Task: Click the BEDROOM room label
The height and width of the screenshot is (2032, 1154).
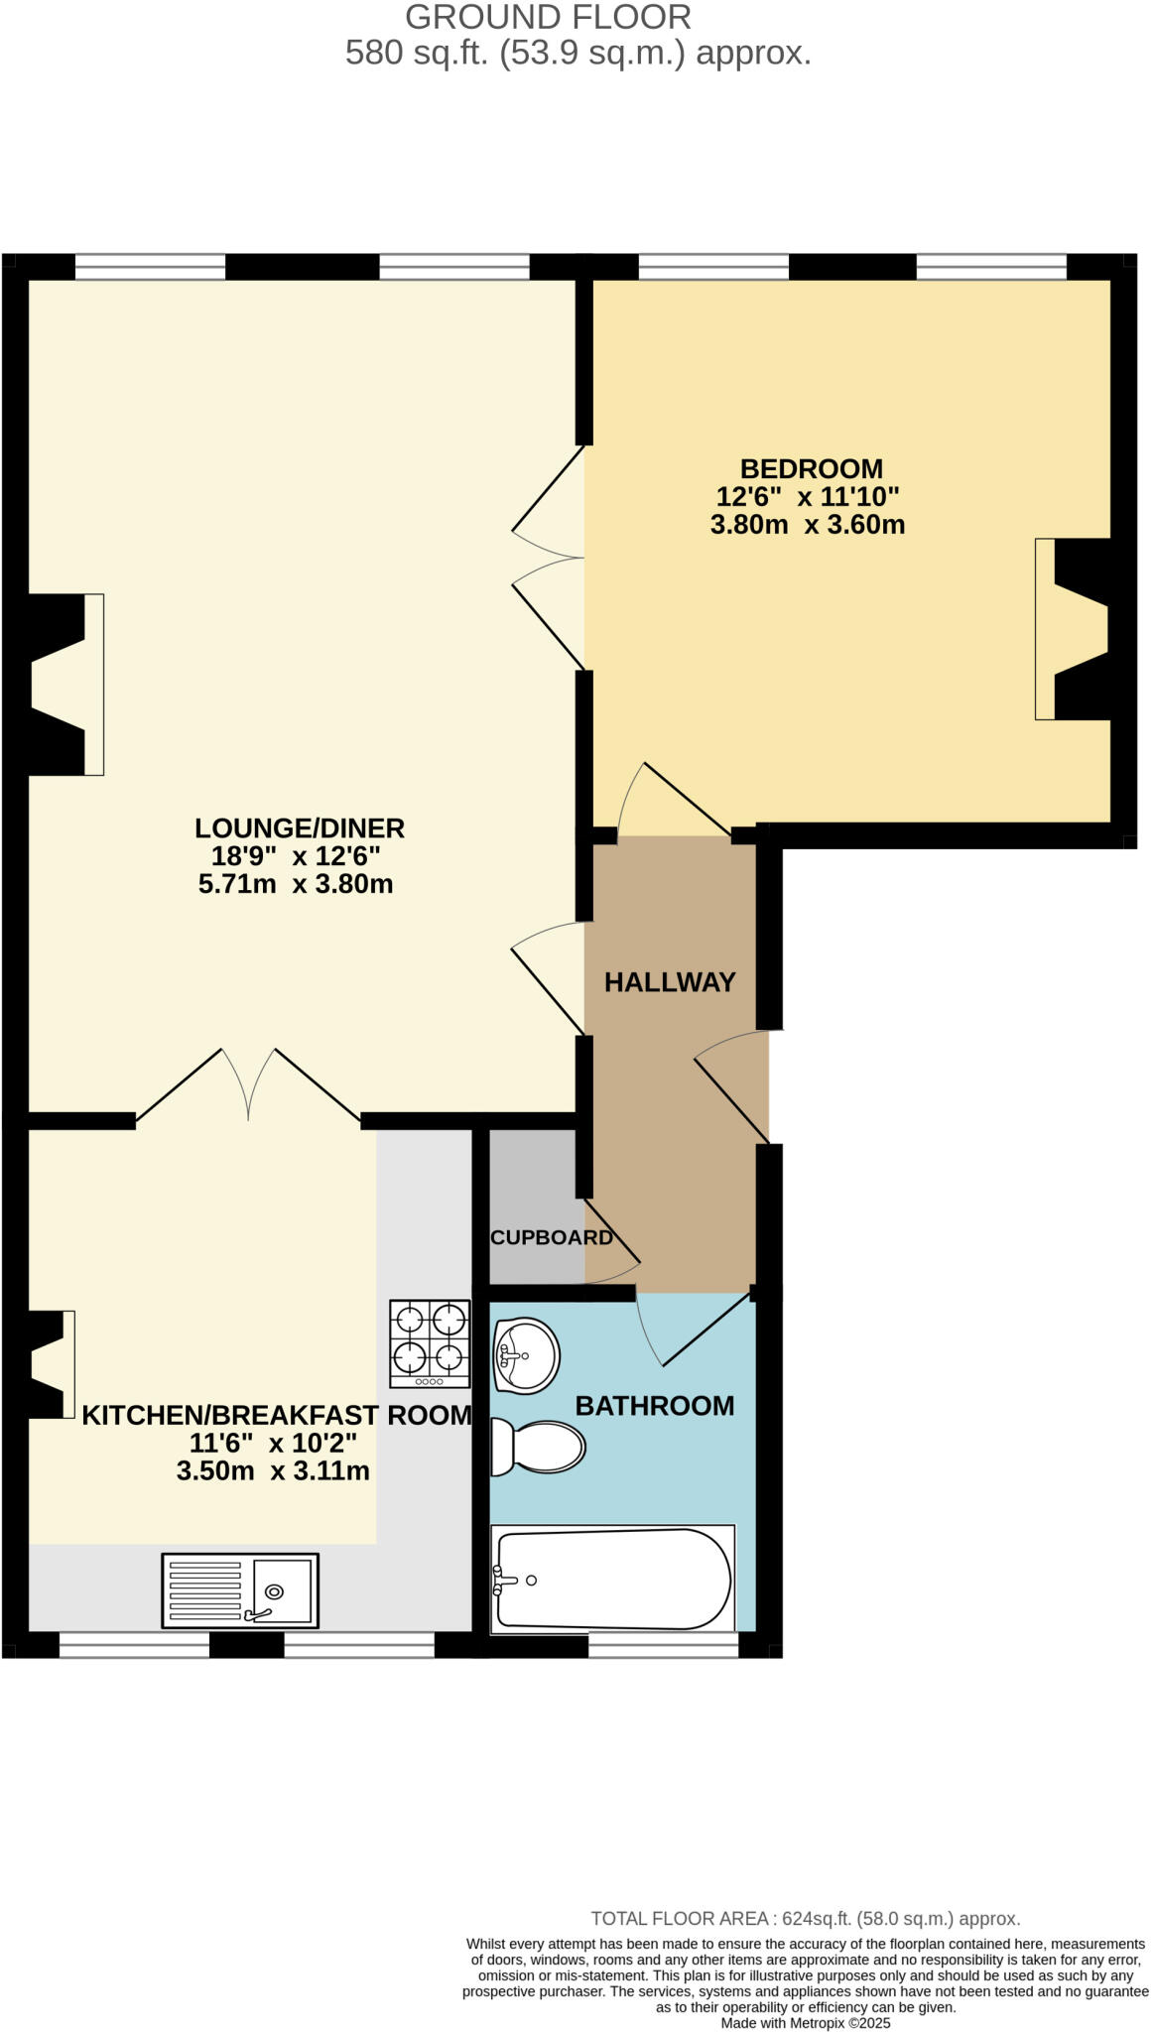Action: point(811,468)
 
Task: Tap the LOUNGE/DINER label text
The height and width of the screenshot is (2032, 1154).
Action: point(299,827)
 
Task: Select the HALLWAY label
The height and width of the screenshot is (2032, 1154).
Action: point(670,982)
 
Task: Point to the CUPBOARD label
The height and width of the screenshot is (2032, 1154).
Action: point(551,1237)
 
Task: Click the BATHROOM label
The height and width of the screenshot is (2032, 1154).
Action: point(654,1405)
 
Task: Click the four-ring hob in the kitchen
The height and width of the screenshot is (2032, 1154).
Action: point(430,1343)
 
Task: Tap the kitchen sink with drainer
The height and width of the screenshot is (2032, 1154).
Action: point(240,1589)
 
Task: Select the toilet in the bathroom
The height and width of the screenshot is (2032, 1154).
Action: point(539,1447)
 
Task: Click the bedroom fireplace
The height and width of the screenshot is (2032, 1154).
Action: point(1074,629)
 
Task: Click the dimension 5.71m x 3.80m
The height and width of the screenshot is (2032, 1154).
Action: point(296,883)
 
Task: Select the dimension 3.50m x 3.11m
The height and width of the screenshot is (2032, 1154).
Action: point(273,1470)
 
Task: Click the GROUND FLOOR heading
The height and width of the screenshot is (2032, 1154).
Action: point(548,18)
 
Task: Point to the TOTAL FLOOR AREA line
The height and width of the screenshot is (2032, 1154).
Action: point(805,1918)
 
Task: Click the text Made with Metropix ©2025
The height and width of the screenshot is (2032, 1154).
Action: point(805,2022)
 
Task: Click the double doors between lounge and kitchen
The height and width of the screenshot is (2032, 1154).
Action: point(248,1086)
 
